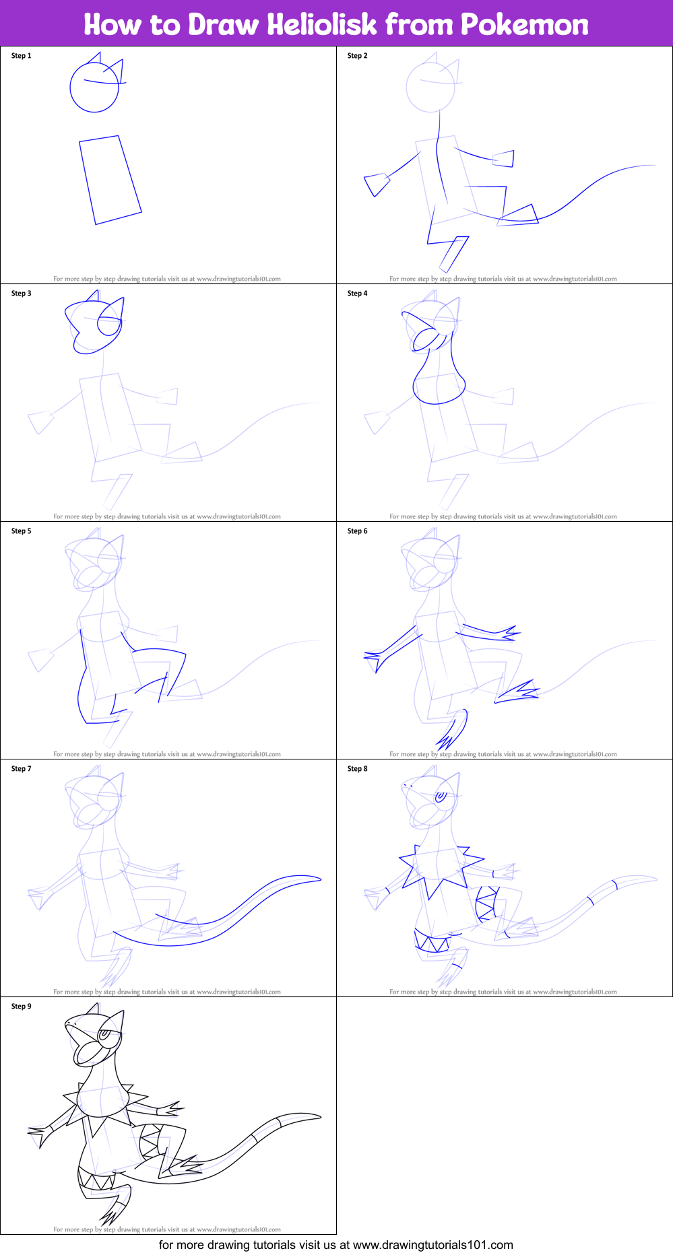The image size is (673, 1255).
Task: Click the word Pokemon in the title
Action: click(x=524, y=25)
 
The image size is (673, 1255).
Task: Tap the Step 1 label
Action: click(x=22, y=56)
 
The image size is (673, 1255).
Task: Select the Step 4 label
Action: click(x=358, y=294)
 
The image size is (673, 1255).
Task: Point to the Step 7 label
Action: click(x=22, y=769)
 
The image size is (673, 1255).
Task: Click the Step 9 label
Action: click(x=22, y=1007)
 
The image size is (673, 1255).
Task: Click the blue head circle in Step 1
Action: click(x=94, y=86)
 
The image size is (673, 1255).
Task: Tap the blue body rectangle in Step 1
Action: click(x=110, y=180)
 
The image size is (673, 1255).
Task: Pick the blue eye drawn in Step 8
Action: click(x=441, y=796)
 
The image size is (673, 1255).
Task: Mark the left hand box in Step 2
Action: click(x=377, y=184)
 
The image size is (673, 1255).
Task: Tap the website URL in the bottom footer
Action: click(x=432, y=1245)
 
